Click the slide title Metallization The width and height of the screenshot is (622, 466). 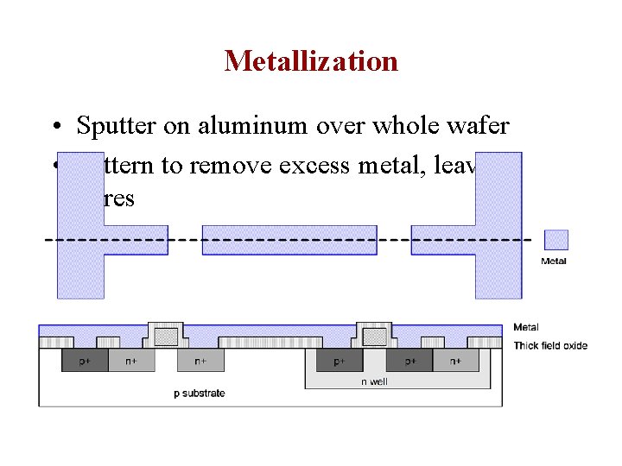click(311, 61)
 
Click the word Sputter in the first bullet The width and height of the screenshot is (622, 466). click(113, 126)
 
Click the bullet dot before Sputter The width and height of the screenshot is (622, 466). click(55, 128)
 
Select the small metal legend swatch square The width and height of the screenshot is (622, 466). click(555, 240)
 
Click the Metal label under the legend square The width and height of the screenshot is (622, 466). click(554, 261)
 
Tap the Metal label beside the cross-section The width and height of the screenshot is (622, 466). click(526, 328)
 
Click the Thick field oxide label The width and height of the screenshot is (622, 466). click(550, 346)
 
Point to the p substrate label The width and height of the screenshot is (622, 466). click(199, 394)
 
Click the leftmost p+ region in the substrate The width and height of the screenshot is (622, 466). click(85, 361)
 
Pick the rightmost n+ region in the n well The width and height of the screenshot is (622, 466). click(455, 361)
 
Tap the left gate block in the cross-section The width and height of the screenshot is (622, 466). click(166, 335)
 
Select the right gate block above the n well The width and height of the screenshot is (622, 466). click(374, 335)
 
